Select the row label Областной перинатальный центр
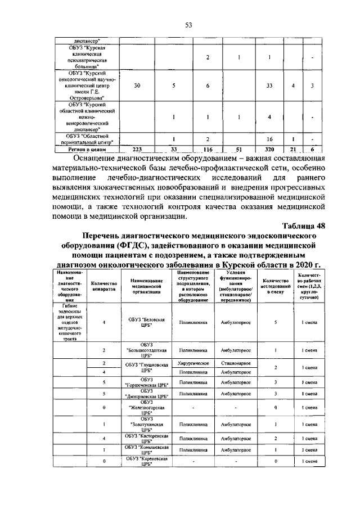coord(84,139)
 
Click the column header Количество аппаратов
coord(103,286)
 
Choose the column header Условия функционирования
coord(235,286)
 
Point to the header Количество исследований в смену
coord(276,286)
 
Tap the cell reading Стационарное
coord(235,363)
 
